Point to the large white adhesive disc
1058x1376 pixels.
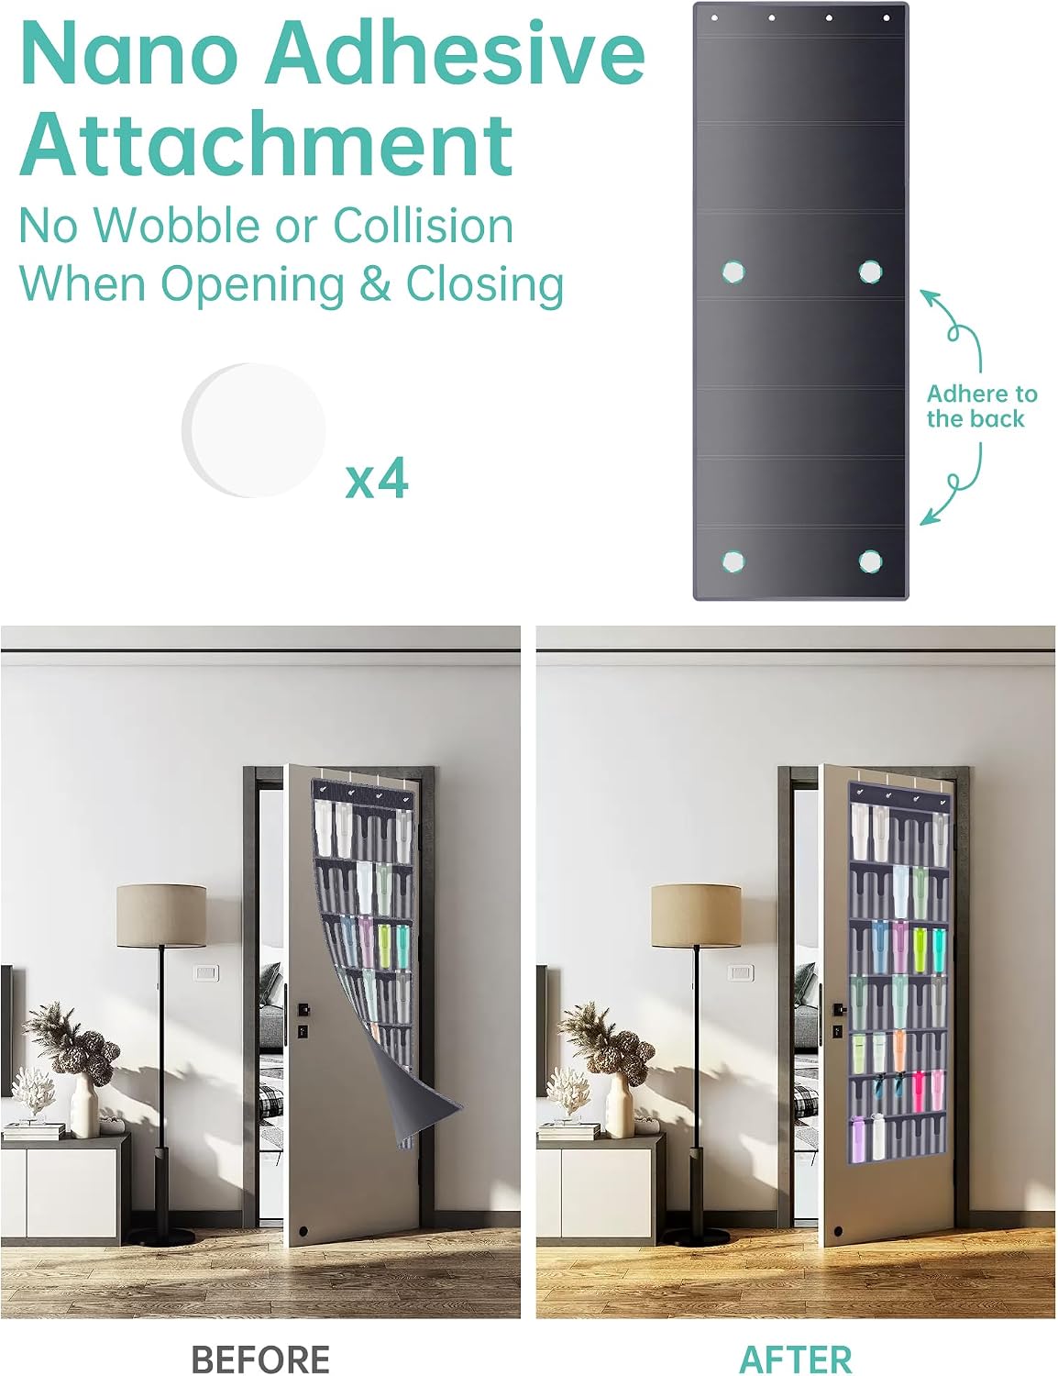click(x=254, y=430)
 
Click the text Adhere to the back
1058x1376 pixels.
click(x=981, y=405)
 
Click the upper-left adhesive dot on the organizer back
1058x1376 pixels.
click(x=733, y=272)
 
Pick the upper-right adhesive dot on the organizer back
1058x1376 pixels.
click(x=871, y=272)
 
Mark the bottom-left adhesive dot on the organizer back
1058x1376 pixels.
click(x=733, y=561)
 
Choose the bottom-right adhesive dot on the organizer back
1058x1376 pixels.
click(x=870, y=561)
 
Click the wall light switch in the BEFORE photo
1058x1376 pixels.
click(x=206, y=972)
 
